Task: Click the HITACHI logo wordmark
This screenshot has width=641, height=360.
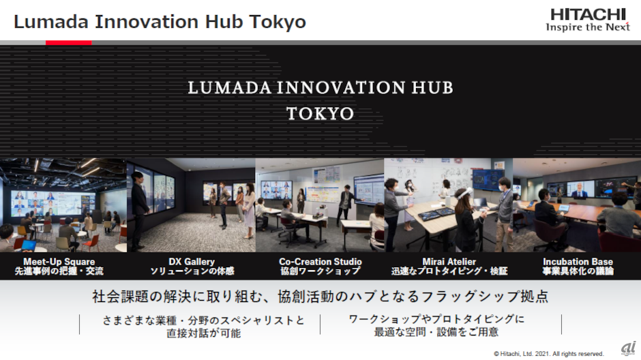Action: point(588,15)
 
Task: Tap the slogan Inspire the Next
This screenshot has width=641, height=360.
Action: point(588,27)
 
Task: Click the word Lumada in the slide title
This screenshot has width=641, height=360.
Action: point(51,22)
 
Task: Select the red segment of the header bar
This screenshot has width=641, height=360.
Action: point(69,42)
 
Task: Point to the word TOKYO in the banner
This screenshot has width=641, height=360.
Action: point(320,114)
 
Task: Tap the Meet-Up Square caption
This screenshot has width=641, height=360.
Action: point(59,262)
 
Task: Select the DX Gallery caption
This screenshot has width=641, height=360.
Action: point(192,262)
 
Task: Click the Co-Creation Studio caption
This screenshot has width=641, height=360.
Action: point(320,262)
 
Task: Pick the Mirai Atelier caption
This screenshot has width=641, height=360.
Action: point(449,262)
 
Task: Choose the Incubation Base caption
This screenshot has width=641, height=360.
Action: point(578,262)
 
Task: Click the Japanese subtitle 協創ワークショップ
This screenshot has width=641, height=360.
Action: point(320,271)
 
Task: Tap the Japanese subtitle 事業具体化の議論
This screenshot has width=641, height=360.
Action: point(578,271)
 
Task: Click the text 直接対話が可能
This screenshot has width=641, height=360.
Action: point(204,333)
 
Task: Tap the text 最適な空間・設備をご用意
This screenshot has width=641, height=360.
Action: point(436,332)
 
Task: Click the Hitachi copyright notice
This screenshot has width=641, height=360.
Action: point(549,354)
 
